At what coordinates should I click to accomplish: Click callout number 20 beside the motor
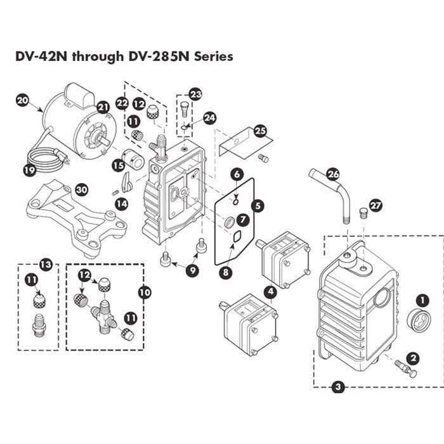tap(23, 100)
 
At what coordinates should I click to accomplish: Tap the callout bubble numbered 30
tap(81, 190)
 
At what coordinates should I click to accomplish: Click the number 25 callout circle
tap(259, 131)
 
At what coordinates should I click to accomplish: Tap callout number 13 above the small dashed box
tap(44, 264)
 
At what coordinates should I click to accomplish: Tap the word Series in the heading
tap(214, 56)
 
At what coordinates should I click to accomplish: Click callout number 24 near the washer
tap(209, 117)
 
